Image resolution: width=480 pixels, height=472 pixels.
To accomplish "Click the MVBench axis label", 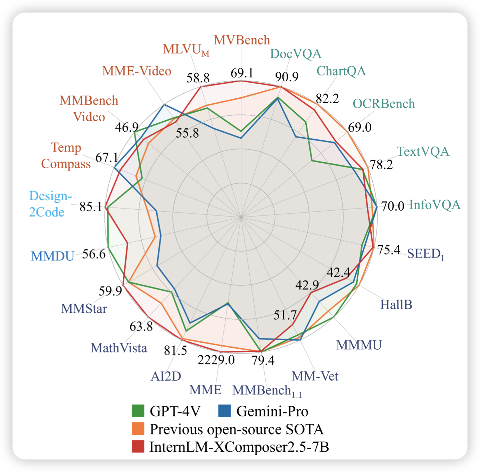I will click(x=242, y=40).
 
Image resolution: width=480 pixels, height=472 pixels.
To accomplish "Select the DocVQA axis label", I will click(x=296, y=54).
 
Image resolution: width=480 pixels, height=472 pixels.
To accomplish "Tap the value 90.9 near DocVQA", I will click(x=287, y=76).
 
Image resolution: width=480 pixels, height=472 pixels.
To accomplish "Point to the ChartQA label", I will click(x=341, y=71).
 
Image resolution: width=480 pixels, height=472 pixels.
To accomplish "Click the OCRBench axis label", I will click(x=384, y=104).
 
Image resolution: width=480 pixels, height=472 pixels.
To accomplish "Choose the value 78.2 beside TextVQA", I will click(x=381, y=164).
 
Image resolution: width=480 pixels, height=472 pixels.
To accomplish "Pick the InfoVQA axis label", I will click(x=435, y=205).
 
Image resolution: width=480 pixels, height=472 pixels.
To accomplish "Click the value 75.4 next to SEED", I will click(x=389, y=250).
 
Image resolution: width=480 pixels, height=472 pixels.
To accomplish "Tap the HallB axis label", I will click(x=396, y=305).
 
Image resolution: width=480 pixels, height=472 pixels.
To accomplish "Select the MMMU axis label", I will click(x=359, y=345).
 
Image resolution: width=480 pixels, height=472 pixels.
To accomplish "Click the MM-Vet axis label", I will click(x=315, y=376).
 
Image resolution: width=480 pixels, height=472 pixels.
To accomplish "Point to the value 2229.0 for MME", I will click(x=216, y=360).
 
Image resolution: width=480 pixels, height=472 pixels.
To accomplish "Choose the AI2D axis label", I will click(x=166, y=376).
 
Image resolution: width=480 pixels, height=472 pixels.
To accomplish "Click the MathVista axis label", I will click(x=119, y=348).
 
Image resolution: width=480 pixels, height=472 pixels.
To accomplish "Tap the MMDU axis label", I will click(x=53, y=256).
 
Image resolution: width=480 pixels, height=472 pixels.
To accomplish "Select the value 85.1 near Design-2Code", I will click(x=91, y=207).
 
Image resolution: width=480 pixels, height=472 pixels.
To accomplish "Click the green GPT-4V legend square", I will click(x=138, y=411).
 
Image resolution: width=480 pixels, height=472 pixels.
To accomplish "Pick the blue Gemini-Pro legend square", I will click(x=224, y=411).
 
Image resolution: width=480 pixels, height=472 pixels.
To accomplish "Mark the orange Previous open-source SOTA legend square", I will click(x=138, y=429).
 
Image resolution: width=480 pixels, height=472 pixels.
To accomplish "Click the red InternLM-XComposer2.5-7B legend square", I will click(x=138, y=447).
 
